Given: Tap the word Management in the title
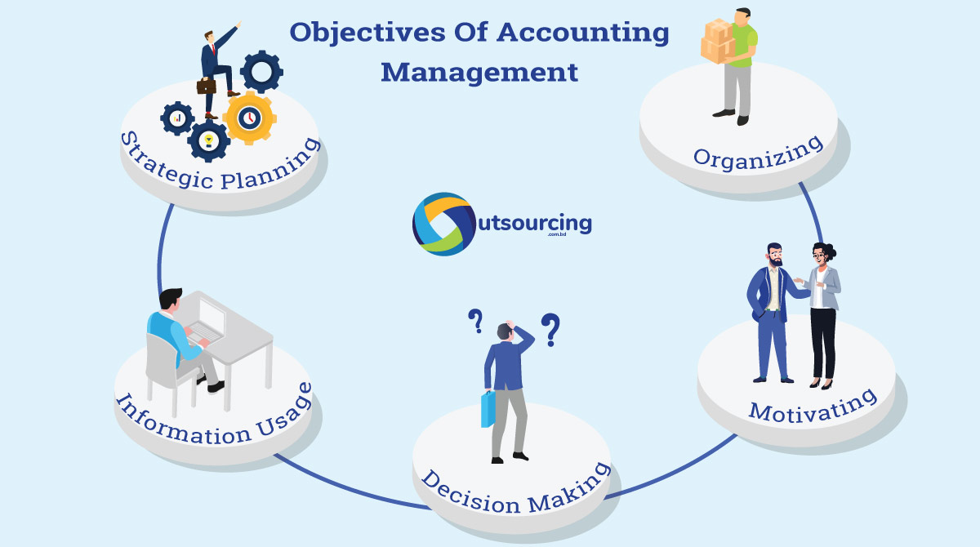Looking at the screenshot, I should point(479,72).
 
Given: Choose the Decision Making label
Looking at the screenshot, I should point(515,487).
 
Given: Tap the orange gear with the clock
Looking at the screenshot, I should point(249,118).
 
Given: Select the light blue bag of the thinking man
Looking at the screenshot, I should point(488,409).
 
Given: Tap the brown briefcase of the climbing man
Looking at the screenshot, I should point(207,85).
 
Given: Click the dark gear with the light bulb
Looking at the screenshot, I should point(208,141).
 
